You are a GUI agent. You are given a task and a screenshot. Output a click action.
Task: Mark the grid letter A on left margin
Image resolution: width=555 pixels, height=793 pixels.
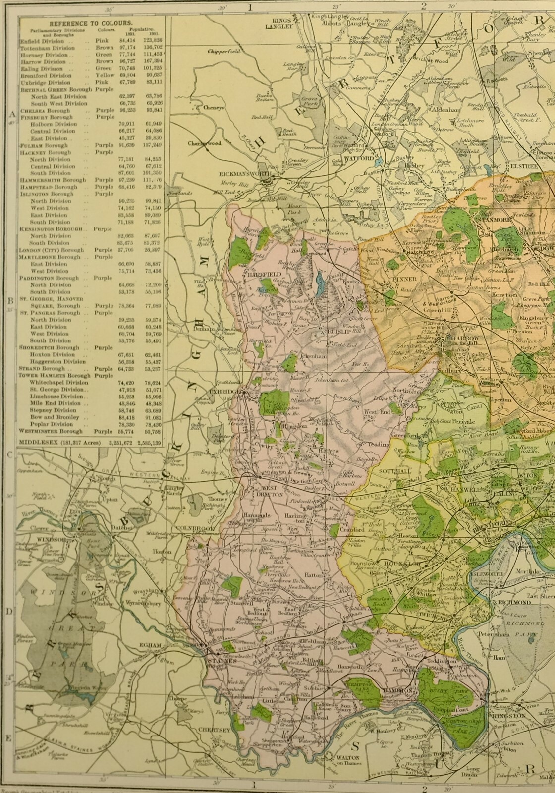click(x=8, y=113)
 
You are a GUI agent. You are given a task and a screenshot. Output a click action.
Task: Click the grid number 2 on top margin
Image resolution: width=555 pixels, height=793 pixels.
click(x=424, y=6)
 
